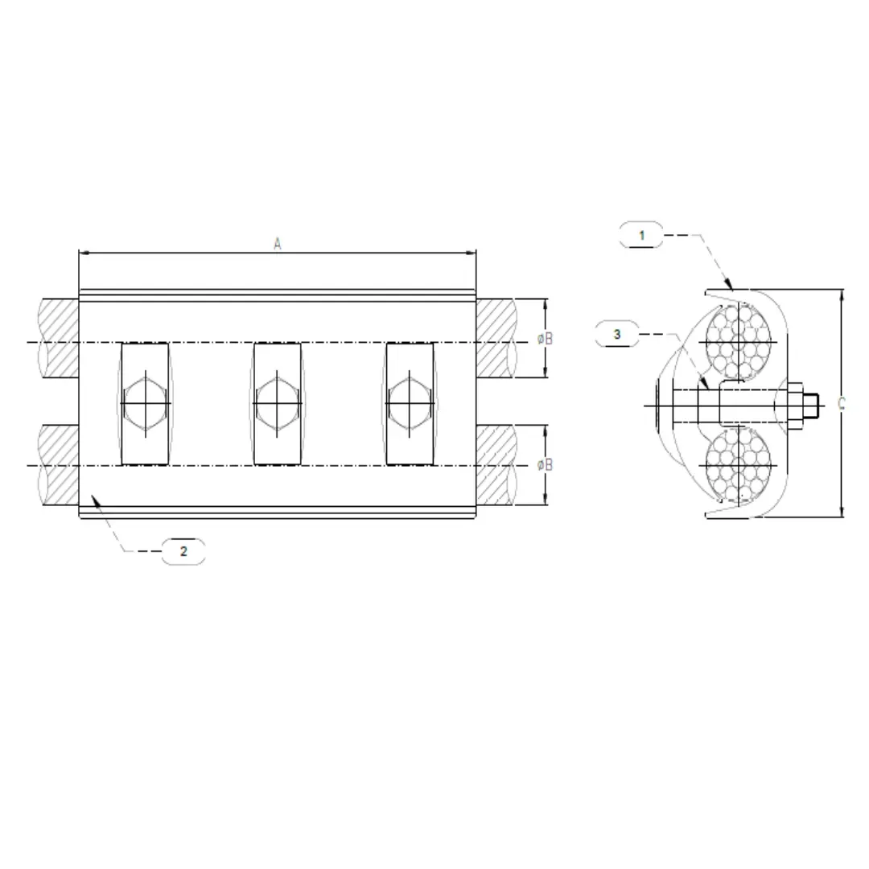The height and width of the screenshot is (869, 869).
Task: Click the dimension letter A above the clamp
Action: (277, 244)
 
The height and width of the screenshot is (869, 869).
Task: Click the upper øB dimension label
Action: (546, 339)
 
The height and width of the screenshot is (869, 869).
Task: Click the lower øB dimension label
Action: (546, 464)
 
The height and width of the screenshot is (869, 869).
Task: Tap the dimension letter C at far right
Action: (842, 403)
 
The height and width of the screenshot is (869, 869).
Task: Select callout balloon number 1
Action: (641, 235)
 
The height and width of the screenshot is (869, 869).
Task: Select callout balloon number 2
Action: (183, 551)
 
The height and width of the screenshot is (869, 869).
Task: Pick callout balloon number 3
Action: (617, 334)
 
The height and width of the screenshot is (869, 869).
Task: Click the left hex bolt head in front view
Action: (146, 402)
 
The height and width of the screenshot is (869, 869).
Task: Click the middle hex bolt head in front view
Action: (278, 402)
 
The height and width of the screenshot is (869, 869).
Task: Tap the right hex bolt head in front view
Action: (410, 402)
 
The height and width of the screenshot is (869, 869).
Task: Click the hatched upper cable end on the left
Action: (58, 339)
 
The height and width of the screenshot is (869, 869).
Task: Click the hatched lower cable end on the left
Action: (58, 464)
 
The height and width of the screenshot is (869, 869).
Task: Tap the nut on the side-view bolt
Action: (793, 405)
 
